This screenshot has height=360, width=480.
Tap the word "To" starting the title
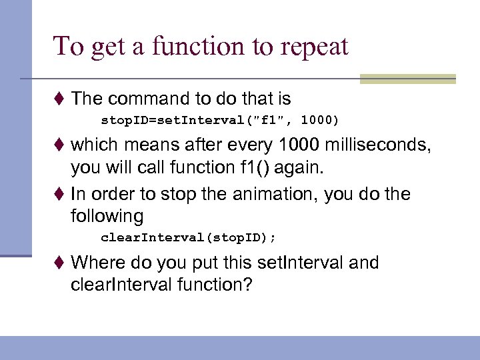tap(67, 47)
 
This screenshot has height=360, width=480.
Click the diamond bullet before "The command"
tap(61, 100)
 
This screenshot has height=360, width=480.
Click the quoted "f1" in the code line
tap(273, 121)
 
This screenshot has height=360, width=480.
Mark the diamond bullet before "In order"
tap(61, 195)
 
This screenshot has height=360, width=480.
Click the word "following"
tap(107, 216)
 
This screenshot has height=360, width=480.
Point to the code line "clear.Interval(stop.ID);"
tap(188, 237)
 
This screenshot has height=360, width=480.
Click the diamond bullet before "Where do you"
tap(61, 263)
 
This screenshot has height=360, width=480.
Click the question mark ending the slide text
tap(248, 285)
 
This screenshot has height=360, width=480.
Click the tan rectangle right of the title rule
tap(407, 79)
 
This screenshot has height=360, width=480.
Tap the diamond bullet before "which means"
tap(61, 145)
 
